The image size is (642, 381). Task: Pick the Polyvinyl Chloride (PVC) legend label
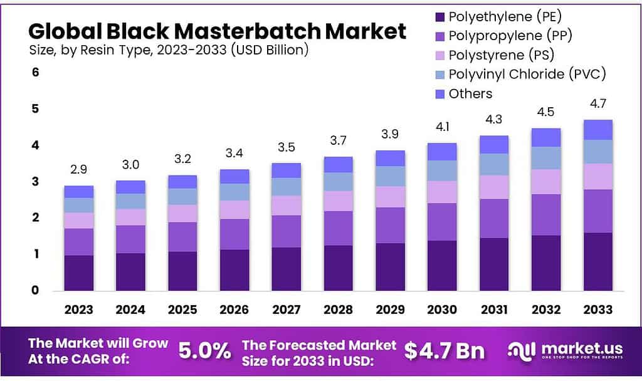coord(527,75)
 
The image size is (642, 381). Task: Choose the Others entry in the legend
coord(470,93)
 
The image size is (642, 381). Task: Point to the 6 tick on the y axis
coord(36,73)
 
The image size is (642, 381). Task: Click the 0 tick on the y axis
coord(36,291)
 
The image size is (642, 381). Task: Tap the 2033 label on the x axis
coord(597,310)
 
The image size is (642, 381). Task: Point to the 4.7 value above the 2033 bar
coord(597,104)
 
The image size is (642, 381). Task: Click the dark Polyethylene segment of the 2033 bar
coord(597,262)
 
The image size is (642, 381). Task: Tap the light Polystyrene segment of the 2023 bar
coord(79,221)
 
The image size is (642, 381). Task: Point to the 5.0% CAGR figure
coord(204,351)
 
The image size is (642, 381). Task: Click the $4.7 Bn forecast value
coord(444,351)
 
